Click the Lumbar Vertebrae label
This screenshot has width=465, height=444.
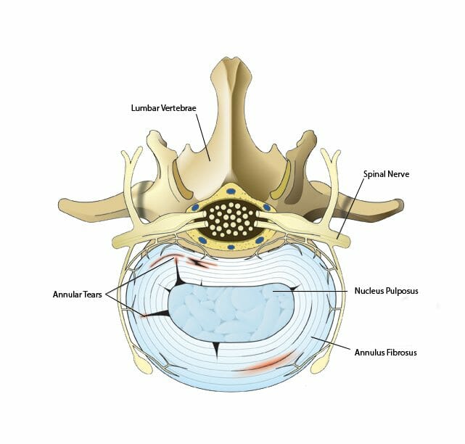(x=164, y=108)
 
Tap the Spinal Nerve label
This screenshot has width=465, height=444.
(x=386, y=174)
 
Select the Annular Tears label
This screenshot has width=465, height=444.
(x=78, y=295)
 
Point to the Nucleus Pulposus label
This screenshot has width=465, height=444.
(x=386, y=291)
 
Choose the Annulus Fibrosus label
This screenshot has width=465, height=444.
(x=385, y=353)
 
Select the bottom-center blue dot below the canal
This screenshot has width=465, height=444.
(x=231, y=247)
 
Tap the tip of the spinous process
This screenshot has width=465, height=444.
(x=232, y=59)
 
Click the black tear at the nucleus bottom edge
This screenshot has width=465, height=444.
(x=216, y=350)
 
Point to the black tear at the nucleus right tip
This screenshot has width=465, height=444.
(x=294, y=288)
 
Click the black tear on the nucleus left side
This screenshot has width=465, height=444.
(x=157, y=314)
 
